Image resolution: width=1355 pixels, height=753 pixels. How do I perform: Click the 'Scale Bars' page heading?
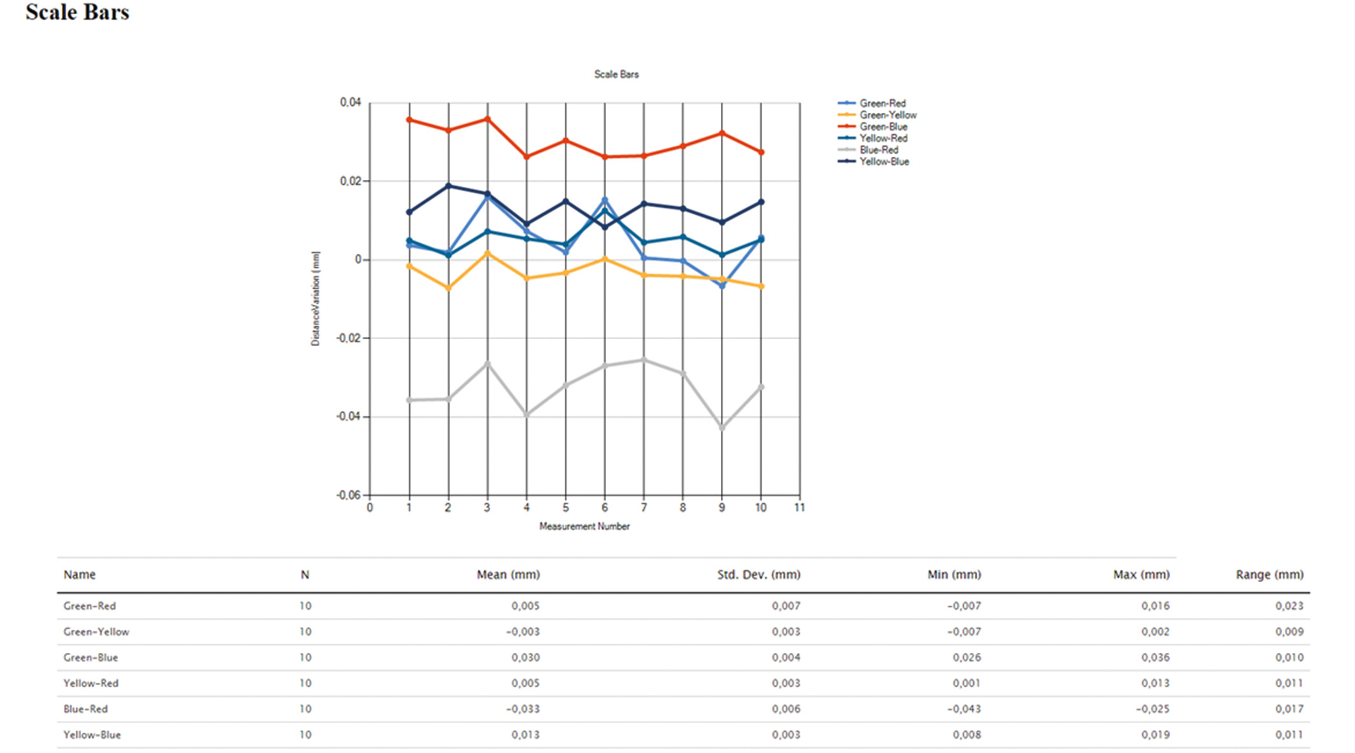(x=77, y=12)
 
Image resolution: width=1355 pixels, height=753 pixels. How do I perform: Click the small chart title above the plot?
(x=616, y=75)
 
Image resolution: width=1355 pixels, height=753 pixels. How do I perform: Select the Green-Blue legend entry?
(x=883, y=127)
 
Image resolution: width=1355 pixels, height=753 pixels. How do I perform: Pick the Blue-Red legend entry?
(x=878, y=150)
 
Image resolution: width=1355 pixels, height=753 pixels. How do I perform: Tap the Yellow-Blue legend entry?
(x=883, y=162)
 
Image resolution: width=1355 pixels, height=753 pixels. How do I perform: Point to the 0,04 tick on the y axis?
(x=350, y=103)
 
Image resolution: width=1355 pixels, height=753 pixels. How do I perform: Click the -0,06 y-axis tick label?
(x=348, y=495)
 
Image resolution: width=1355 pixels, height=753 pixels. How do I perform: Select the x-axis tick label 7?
(x=644, y=508)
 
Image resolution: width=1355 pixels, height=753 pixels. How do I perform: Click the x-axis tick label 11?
(x=799, y=508)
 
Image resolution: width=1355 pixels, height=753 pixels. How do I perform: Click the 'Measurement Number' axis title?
(x=584, y=527)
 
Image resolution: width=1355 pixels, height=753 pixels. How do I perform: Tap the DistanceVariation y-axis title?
(x=315, y=298)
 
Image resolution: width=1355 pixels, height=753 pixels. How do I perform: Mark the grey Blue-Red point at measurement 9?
(x=722, y=428)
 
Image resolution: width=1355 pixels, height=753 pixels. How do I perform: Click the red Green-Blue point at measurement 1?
(x=409, y=120)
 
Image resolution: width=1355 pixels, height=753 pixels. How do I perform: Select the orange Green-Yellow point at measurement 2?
(x=449, y=288)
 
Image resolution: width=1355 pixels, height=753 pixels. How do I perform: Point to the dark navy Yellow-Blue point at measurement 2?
(x=449, y=186)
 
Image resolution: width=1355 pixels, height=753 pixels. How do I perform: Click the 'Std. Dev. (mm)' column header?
(x=758, y=574)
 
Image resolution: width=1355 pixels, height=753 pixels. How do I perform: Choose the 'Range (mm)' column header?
(x=1269, y=574)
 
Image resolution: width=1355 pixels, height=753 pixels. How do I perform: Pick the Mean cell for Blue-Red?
(x=523, y=709)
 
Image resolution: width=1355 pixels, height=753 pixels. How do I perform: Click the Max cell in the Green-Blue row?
(x=1155, y=657)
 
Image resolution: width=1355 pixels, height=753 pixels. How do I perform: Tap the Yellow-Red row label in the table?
(x=91, y=684)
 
